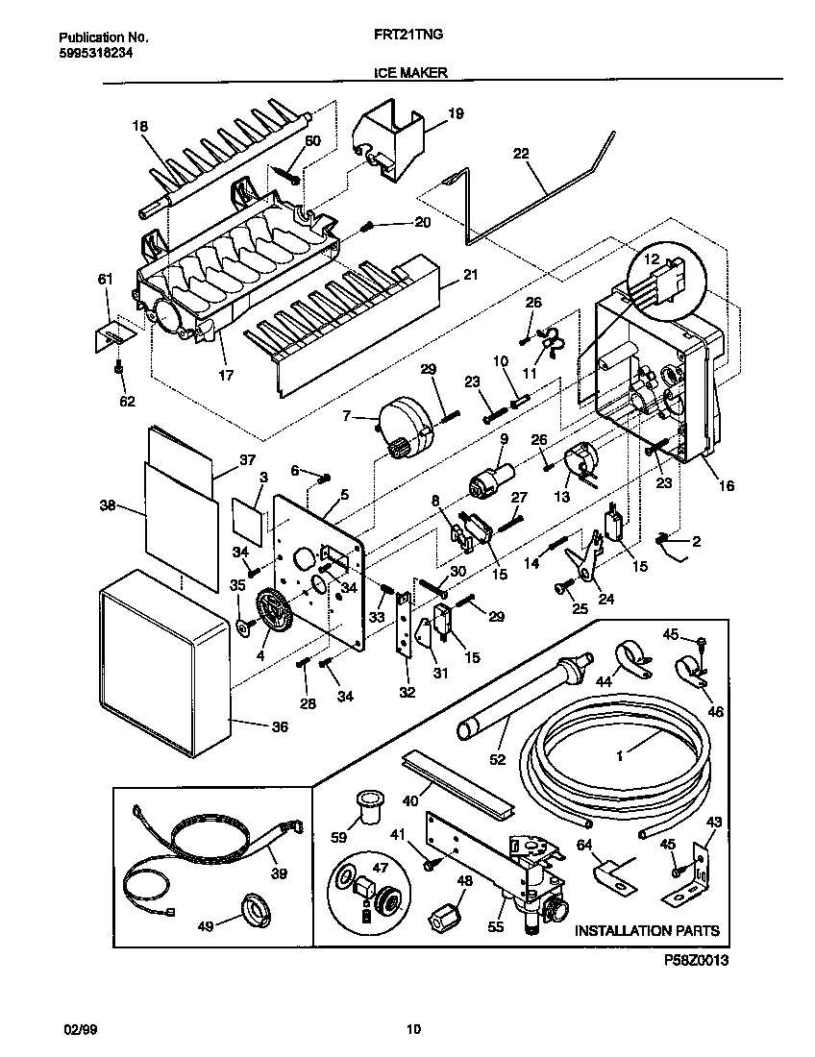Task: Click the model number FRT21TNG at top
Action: point(407,37)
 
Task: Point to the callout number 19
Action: point(456,113)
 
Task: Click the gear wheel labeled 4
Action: point(273,612)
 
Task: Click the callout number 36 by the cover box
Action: point(279,727)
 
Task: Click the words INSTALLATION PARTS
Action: point(646,930)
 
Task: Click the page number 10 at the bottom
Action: point(412,1030)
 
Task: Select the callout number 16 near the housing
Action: point(726,486)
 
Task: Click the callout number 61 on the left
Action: point(105,280)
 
